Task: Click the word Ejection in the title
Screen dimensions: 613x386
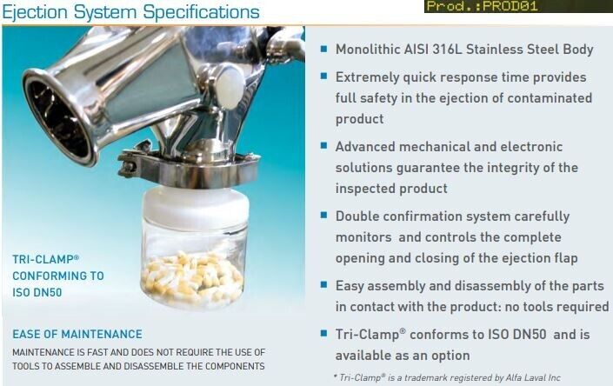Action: coord(35,12)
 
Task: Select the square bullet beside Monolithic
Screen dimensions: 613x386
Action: coord(323,49)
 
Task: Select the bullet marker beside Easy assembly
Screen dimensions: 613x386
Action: coord(323,285)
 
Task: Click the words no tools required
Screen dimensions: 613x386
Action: coord(556,307)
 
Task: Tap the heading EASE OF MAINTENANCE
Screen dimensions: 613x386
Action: coord(77,335)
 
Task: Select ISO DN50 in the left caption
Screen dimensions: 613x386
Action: coord(37,293)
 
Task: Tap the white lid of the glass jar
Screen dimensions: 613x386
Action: coord(196,203)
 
